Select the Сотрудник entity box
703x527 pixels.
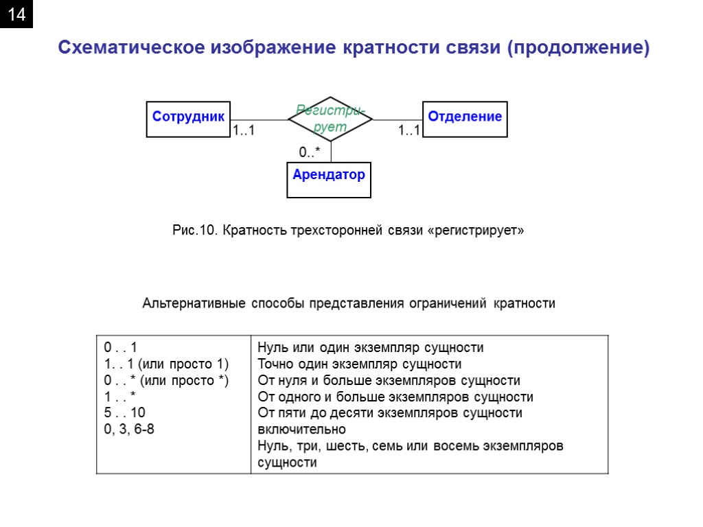188,119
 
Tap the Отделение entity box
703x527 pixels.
465,119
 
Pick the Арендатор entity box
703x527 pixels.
329,179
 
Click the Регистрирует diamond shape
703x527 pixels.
330,119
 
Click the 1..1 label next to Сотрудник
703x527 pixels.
243,130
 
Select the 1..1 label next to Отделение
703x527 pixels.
409,130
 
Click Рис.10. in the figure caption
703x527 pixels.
195,231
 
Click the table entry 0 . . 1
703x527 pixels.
121,347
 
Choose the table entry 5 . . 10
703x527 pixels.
124,413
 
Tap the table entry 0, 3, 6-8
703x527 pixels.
129,430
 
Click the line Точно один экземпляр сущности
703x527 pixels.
359,364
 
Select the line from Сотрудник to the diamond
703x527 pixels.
259,120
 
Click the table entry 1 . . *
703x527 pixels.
121,397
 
